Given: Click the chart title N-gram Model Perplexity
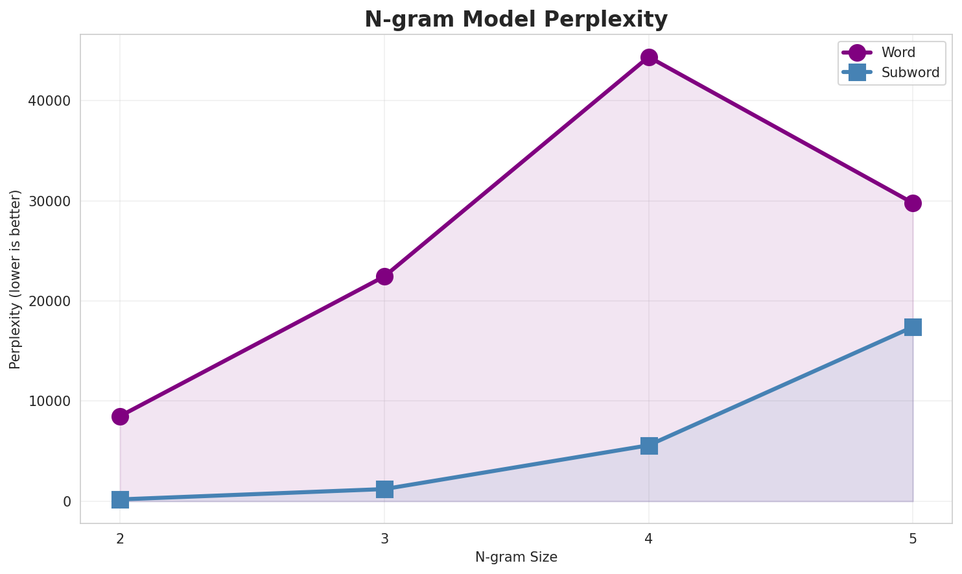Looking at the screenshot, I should tap(515, 19).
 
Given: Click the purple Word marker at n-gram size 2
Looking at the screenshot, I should tap(120, 416).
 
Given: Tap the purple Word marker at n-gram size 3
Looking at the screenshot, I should tap(384, 276).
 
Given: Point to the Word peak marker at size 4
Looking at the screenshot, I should tap(649, 58).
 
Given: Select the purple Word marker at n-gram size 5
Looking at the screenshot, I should tap(913, 203).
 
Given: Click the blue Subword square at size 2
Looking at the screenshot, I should tap(120, 499).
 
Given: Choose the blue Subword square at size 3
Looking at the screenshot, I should tap(384, 489).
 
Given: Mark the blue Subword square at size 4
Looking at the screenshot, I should tap(649, 446).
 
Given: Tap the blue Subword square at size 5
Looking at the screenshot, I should tap(913, 327).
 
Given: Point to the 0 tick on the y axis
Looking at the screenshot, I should tap(67, 502).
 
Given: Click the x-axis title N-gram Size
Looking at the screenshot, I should tap(516, 557).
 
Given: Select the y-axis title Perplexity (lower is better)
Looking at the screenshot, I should tap(16, 279).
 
